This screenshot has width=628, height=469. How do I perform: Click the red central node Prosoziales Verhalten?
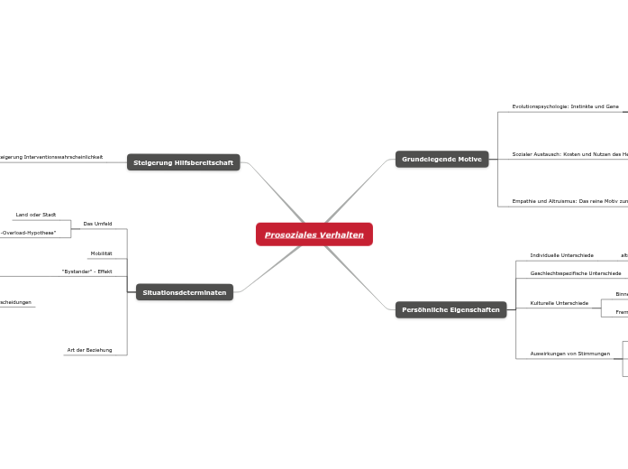[314, 234]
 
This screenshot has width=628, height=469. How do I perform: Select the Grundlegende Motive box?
[441, 159]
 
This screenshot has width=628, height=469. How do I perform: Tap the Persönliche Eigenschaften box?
[451, 309]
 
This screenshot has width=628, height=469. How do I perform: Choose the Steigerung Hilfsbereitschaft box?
[183, 162]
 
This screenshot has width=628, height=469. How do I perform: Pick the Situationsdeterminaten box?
[184, 292]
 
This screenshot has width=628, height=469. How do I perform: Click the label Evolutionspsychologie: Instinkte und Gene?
[565, 106]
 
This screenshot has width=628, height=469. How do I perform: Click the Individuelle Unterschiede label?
[561, 255]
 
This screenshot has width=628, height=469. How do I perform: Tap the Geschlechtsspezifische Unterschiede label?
[575, 272]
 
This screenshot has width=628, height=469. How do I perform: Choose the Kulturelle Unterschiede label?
[559, 303]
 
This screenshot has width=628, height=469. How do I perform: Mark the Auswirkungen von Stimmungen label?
[569, 354]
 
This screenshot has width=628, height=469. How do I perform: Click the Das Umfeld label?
[97, 223]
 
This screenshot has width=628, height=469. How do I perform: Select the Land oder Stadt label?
[36, 215]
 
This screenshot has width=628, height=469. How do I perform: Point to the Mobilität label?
[101, 253]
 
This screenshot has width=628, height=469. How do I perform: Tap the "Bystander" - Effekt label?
[86, 271]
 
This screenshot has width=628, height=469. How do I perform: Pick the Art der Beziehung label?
[89, 349]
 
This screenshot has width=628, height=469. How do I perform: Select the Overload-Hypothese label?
[29, 232]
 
